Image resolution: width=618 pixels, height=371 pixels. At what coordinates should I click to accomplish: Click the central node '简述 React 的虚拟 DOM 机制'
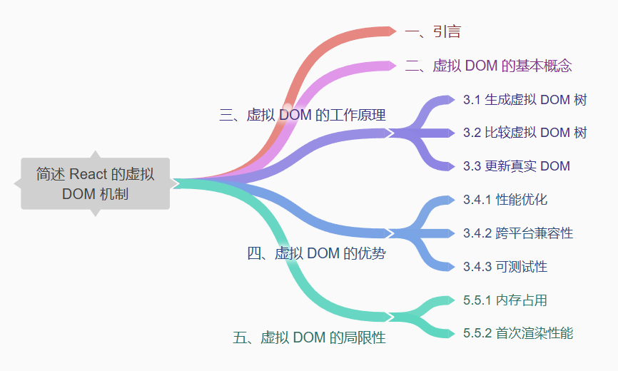point(95,183)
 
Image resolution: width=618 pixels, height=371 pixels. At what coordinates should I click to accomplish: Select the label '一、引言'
point(432,31)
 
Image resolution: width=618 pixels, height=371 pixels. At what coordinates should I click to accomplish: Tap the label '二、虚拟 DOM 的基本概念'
point(488,66)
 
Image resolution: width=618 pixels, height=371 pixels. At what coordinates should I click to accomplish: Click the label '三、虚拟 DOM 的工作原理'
point(303,115)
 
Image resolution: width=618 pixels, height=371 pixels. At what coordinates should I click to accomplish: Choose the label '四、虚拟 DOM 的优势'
point(316,253)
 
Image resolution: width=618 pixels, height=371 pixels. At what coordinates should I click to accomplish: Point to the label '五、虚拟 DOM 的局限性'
point(309,337)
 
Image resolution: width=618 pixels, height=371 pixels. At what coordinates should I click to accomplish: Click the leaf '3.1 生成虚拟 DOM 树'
point(525,100)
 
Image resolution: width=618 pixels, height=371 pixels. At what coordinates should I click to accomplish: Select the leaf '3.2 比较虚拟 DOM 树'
point(525,133)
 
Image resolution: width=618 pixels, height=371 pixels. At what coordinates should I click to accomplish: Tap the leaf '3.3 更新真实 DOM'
point(516,166)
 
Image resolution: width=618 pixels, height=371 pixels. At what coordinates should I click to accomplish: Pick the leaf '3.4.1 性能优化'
point(505,200)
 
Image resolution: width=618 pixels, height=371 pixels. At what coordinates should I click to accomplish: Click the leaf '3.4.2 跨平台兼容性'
point(517,233)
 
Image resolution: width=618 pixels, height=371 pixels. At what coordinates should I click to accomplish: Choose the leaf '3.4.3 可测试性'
point(505,267)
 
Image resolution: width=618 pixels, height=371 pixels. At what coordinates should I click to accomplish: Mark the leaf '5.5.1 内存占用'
point(505,300)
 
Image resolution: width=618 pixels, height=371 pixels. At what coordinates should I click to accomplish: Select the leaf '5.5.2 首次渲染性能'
point(517,333)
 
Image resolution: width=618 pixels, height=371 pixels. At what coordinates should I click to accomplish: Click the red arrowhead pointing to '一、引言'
point(390,31)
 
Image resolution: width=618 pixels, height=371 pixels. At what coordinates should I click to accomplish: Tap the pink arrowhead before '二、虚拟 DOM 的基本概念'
point(390,66)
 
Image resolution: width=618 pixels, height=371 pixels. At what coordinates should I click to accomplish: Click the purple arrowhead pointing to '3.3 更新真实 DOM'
point(448,166)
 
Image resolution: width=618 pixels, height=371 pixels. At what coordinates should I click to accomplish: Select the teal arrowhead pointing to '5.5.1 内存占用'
point(448,300)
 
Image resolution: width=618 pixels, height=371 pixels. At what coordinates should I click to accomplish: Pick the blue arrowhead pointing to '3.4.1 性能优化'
point(448,200)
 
